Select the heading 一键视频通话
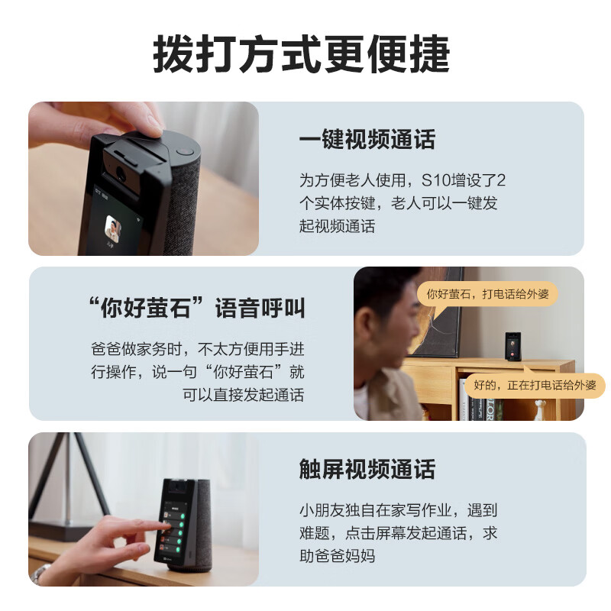367,140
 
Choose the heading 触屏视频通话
367,469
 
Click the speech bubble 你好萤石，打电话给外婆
487,293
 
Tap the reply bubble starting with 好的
535,384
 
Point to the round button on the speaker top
184,150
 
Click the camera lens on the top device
121,176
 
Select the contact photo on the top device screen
113,228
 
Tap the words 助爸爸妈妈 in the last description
337,555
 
